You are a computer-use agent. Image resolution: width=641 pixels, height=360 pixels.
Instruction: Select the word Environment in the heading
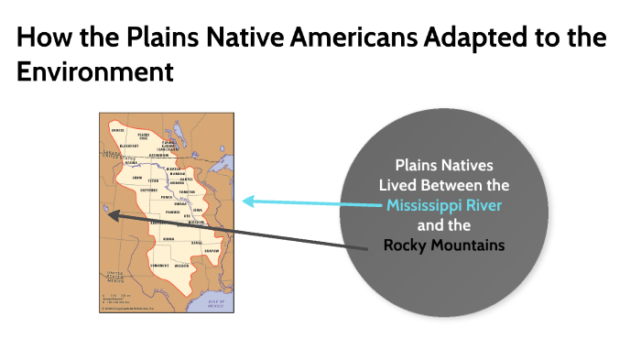click(x=95, y=71)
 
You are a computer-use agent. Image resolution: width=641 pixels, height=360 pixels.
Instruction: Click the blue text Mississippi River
click(x=444, y=204)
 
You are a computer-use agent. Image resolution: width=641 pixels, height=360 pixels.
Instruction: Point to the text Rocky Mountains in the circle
click(x=444, y=245)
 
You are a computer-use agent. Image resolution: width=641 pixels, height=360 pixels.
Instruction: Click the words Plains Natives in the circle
click(x=444, y=165)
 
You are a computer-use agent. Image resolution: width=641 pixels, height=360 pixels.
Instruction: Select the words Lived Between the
click(x=444, y=184)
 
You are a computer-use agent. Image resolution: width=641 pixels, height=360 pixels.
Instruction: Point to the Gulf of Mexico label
click(x=216, y=302)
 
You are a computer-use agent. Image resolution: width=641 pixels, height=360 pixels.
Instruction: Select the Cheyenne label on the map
click(x=149, y=192)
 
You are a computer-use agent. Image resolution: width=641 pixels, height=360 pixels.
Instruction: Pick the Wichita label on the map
click(x=181, y=267)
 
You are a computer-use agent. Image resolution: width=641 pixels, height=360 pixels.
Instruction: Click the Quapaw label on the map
click(x=212, y=250)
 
